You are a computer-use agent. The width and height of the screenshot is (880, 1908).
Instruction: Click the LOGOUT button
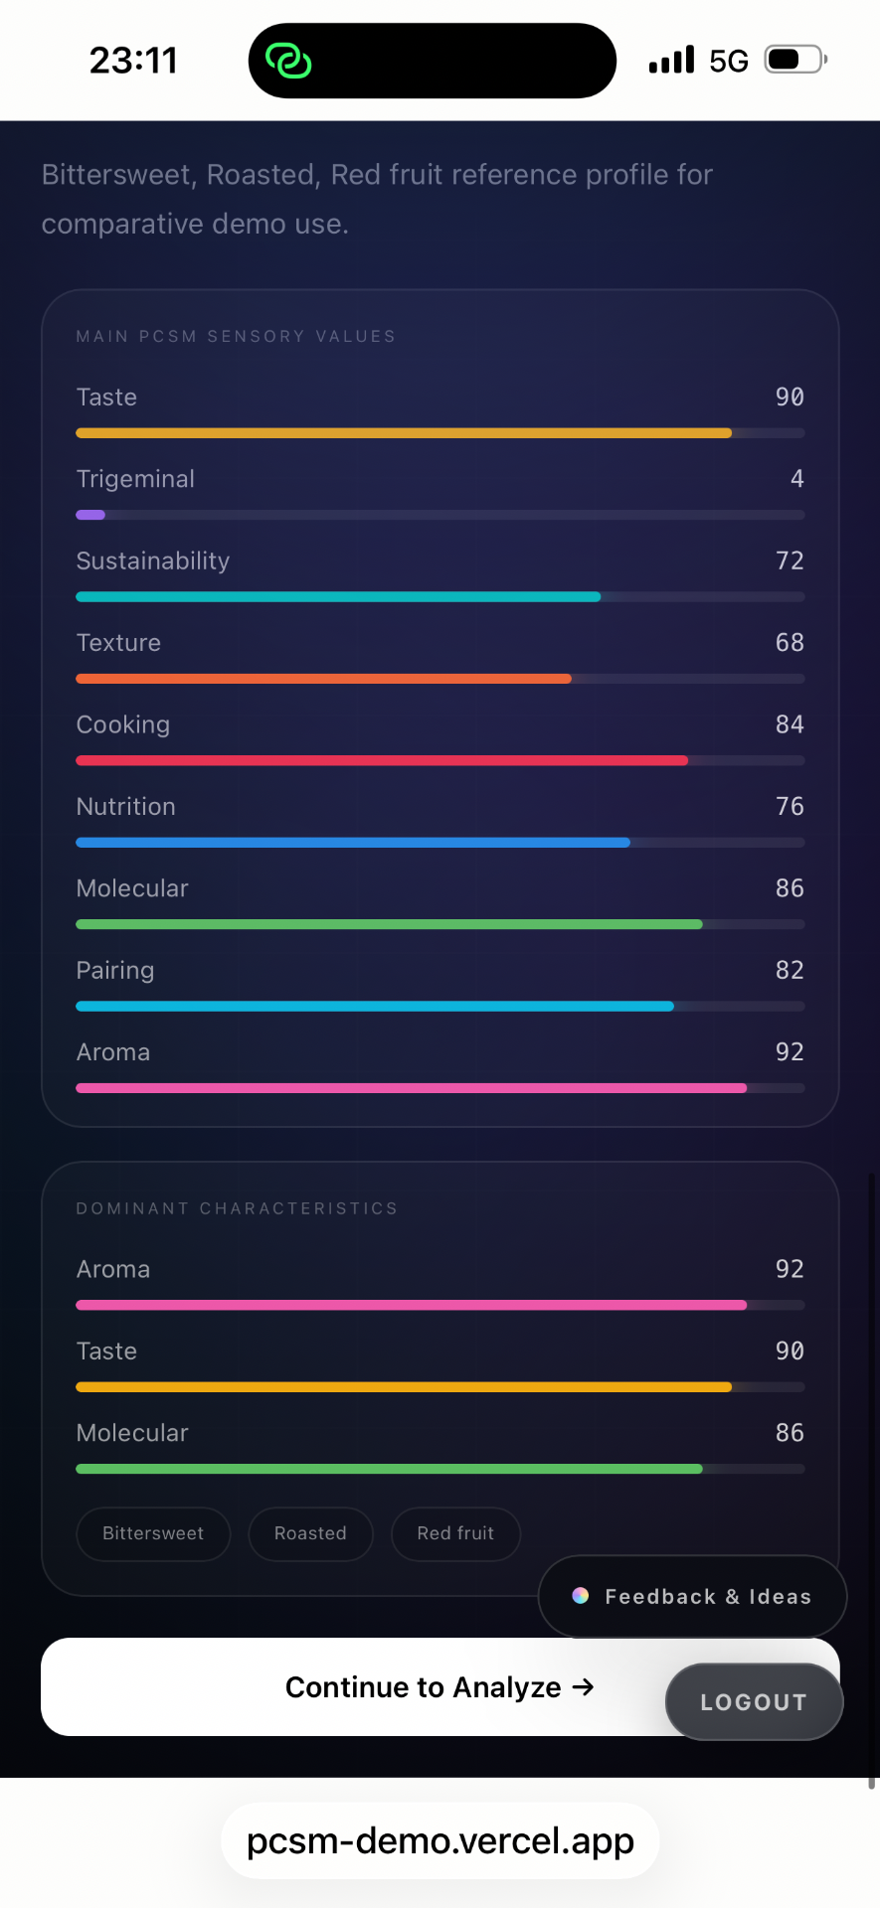(754, 1702)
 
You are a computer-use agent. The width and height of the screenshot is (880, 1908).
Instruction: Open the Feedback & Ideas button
(692, 1596)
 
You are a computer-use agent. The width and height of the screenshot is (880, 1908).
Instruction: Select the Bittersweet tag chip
(153, 1533)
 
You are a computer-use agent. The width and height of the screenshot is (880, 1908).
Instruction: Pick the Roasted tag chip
(310, 1533)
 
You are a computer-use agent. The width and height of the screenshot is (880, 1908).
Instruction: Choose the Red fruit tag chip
(455, 1533)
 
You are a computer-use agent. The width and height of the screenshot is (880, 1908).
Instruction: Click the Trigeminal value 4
(797, 479)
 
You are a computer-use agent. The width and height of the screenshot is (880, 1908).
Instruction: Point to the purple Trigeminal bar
(90, 515)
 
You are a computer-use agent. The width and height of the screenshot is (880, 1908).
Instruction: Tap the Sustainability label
(153, 561)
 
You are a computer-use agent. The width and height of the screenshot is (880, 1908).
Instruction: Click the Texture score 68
(790, 643)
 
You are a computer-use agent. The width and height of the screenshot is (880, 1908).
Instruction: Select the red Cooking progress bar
(382, 760)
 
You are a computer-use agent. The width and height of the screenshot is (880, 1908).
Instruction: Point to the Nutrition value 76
(790, 807)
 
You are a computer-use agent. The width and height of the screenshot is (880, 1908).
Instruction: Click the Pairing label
(115, 971)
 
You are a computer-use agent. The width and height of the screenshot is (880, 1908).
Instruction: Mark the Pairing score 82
(790, 970)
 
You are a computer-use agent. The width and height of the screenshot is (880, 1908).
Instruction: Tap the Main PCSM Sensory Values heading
(236, 337)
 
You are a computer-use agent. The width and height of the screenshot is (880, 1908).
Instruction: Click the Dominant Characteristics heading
(237, 1208)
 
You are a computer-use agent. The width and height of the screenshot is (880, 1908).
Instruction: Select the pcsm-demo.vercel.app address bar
(440, 1841)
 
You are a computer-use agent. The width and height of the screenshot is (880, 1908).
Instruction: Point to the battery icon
(795, 60)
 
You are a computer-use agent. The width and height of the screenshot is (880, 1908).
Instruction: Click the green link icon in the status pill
(288, 61)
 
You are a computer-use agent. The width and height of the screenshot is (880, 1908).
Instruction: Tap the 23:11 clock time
(133, 61)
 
